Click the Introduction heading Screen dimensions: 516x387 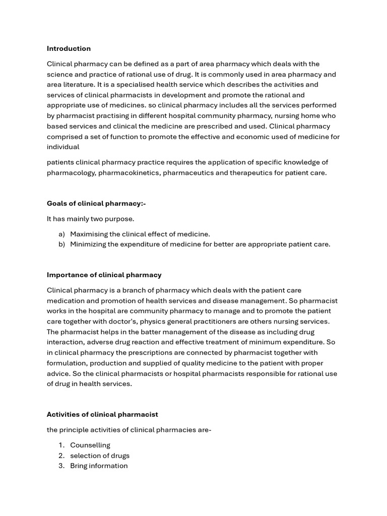coord(69,49)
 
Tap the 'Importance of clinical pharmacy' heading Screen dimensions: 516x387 coord(104,275)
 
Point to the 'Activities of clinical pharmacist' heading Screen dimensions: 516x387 coord(102,414)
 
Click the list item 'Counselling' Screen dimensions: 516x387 coord(90,445)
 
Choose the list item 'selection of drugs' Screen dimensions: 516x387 coord(100,456)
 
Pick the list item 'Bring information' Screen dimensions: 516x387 coord(99,466)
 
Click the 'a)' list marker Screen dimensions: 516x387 coord(61,234)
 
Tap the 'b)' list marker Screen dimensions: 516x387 coord(61,244)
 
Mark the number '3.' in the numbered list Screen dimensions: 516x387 coord(61,466)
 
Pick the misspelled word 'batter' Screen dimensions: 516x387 coord(143,332)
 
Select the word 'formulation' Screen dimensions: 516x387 coord(67,363)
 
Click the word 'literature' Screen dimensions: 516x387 coord(82,85)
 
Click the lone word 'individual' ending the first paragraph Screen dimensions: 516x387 coord(63,147)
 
